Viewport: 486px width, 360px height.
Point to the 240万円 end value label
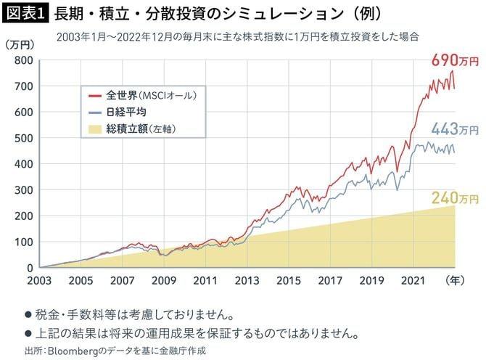[455, 197]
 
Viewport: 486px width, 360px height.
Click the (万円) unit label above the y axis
[20, 44]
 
